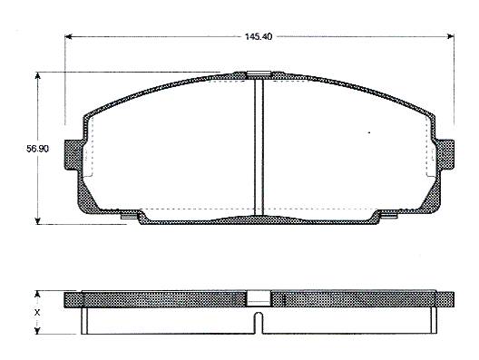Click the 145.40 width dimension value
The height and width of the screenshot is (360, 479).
point(259,36)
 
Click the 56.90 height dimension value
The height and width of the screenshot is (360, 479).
point(37,149)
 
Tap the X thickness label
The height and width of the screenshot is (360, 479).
point(37,312)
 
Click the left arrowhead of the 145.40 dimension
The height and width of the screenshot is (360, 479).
point(69,36)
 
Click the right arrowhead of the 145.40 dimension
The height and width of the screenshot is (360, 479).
point(451,36)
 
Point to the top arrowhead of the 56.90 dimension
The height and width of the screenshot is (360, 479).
point(37,76)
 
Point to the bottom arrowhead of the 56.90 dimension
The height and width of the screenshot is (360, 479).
point(37,220)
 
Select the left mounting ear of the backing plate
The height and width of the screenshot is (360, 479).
point(73,155)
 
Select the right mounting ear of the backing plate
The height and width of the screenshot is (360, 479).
point(445,154)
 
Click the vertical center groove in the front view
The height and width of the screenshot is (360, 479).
point(259,147)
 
